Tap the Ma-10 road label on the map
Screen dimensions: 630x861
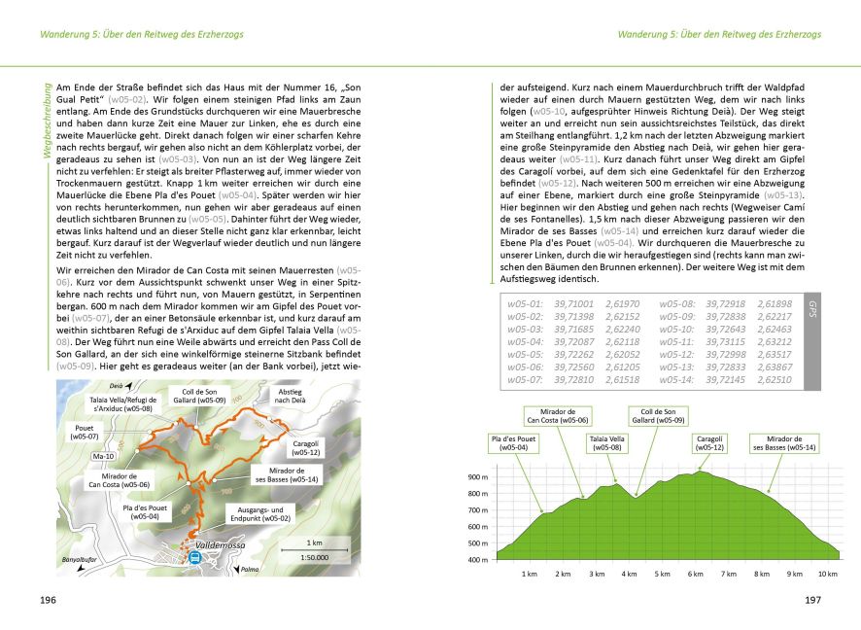101,455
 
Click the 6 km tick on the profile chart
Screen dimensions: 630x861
695,574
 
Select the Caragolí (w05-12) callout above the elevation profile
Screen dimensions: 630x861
709,442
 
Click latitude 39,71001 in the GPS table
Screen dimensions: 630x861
573,304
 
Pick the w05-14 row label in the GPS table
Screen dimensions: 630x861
676,379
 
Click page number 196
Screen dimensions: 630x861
48,600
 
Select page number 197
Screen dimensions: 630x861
812,600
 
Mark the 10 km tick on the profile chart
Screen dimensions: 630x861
827,574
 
